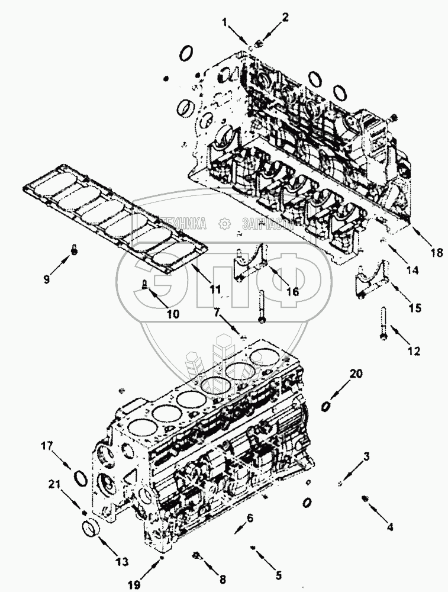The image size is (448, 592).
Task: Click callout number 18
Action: (436, 253)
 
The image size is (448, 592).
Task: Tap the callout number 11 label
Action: (216, 289)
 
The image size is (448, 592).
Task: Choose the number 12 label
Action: (414, 350)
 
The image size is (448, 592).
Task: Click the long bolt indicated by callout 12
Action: (383, 323)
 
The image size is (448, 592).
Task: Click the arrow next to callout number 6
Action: (240, 527)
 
